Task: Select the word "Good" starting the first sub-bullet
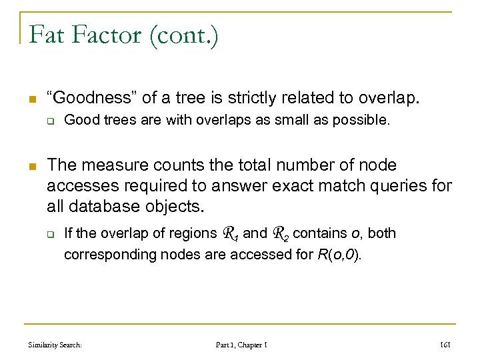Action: [x=79, y=121]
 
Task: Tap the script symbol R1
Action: [x=230, y=233]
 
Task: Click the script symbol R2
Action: [x=281, y=233]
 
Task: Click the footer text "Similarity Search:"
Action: [x=55, y=345]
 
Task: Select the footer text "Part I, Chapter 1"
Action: [x=241, y=345]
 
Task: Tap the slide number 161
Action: [x=445, y=345]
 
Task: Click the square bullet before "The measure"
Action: [x=31, y=165]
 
